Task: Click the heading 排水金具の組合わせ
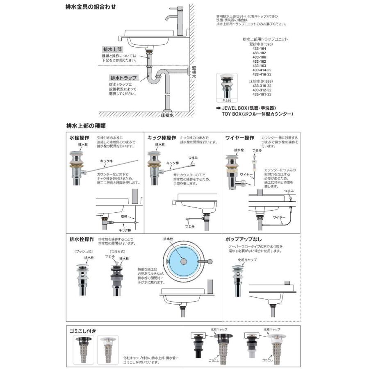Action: point(91,7)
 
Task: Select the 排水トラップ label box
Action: point(123,77)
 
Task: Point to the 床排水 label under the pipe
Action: point(168,116)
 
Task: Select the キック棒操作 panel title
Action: point(162,138)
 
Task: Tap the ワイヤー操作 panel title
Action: point(240,138)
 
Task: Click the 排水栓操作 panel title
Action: point(82,239)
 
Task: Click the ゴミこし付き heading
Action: point(84,330)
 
